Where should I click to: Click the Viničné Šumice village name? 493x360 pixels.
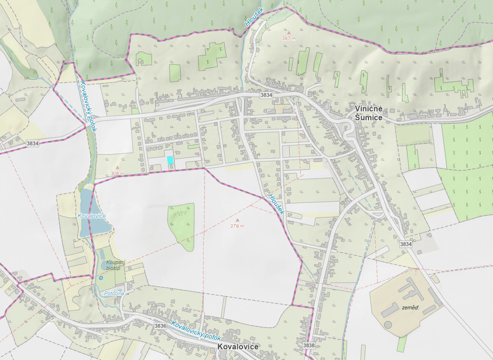[368, 113]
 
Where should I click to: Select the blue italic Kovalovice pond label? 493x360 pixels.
[91, 215]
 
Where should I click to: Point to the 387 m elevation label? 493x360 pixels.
[289, 37]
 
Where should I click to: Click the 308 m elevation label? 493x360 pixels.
[117, 173]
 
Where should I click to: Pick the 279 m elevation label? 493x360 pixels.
[237, 226]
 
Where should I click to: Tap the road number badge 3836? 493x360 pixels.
[160, 325]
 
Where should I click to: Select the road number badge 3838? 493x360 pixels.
[309, 345]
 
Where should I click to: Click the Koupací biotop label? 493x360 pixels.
[116, 265]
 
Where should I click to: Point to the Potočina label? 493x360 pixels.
[114, 293]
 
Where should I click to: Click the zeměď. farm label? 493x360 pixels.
[410, 308]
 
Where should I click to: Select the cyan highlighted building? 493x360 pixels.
[170, 160]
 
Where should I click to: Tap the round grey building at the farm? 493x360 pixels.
[387, 324]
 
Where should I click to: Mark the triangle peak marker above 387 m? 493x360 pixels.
[289, 31]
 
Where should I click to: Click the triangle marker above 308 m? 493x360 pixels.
[117, 167]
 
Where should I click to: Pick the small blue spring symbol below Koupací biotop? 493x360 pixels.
[101, 278]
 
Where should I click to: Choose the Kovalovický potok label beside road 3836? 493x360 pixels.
[196, 331]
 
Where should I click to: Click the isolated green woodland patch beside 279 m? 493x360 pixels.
[182, 225]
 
